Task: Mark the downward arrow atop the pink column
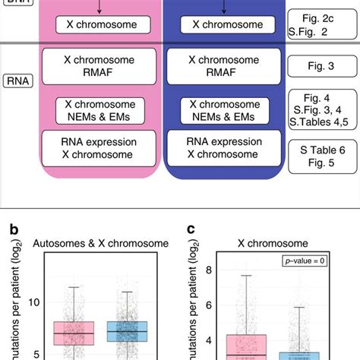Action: coord(100,7)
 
